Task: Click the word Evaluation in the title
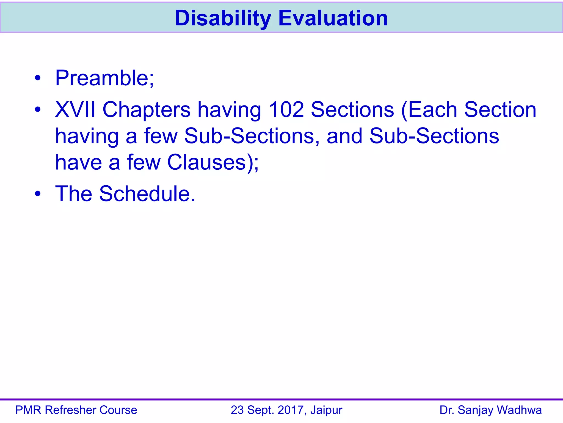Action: coord(333,18)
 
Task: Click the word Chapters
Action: coord(147,110)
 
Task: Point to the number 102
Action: coord(286,110)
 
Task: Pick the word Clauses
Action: coord(206,162)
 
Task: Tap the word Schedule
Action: coord(147,194)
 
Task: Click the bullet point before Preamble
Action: coord(38,78)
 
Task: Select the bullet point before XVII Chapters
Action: coord(38,110)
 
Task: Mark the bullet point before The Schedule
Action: coord(38,194)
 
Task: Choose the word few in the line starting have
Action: coord(143,162)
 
